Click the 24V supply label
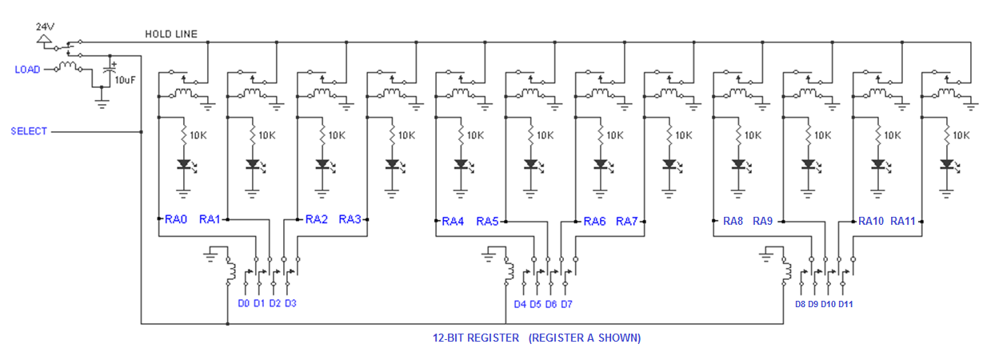tap(45, 26)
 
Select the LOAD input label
tap(27, 70)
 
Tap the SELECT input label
tap(30, 130)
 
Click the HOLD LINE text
tap(171, 34)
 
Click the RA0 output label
tap(176, 219)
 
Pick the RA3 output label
tap(350, 219)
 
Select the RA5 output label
tap(488, 222)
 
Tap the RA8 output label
tap(733, 222)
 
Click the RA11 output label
tap(903, 222)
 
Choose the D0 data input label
tap(244, 303)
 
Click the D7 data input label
tap(566, 304)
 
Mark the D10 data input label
tap(828, 304)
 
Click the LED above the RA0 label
tap(184, 165)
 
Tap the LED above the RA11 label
tap(948, 165)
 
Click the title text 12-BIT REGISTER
tap(475, 338)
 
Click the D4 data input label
tap(520, 304)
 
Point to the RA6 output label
tap(594, 222)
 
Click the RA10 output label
tap(871, 222)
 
